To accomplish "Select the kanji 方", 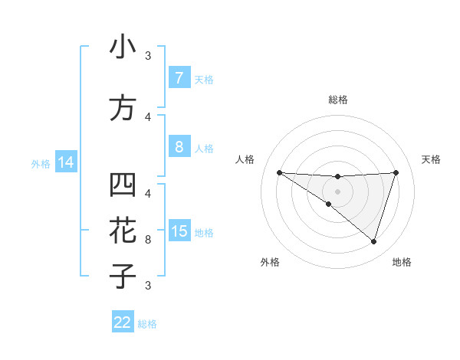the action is [x=123, y=107].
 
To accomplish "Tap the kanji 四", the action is [x=123, y=186].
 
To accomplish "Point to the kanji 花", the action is [x=123, y=230].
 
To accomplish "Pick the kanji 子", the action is [x=123, y=275].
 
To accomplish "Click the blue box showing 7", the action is [x=179, y=78].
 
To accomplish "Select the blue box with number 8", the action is [x=179, y=146].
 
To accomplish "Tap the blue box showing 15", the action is [x=179, y=231].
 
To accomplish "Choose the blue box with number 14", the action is [x=65, y=162].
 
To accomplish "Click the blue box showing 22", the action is [x=123, y=322].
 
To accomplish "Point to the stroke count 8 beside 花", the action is [x=148, y=239].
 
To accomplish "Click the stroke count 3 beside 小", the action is [x=148, y=56].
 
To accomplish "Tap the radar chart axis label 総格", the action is [x=337, y=100].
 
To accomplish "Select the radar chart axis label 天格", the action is [x=432, y=159].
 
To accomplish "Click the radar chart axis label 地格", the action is [x=402, y=262].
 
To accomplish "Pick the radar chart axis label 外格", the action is [x=270, y=262].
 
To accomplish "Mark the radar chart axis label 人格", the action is [x=245, y=159].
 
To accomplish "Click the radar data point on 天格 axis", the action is [x=396, y=172].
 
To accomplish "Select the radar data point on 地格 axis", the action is [x=373, y=241].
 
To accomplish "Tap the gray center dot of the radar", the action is [x=337, y=191].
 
